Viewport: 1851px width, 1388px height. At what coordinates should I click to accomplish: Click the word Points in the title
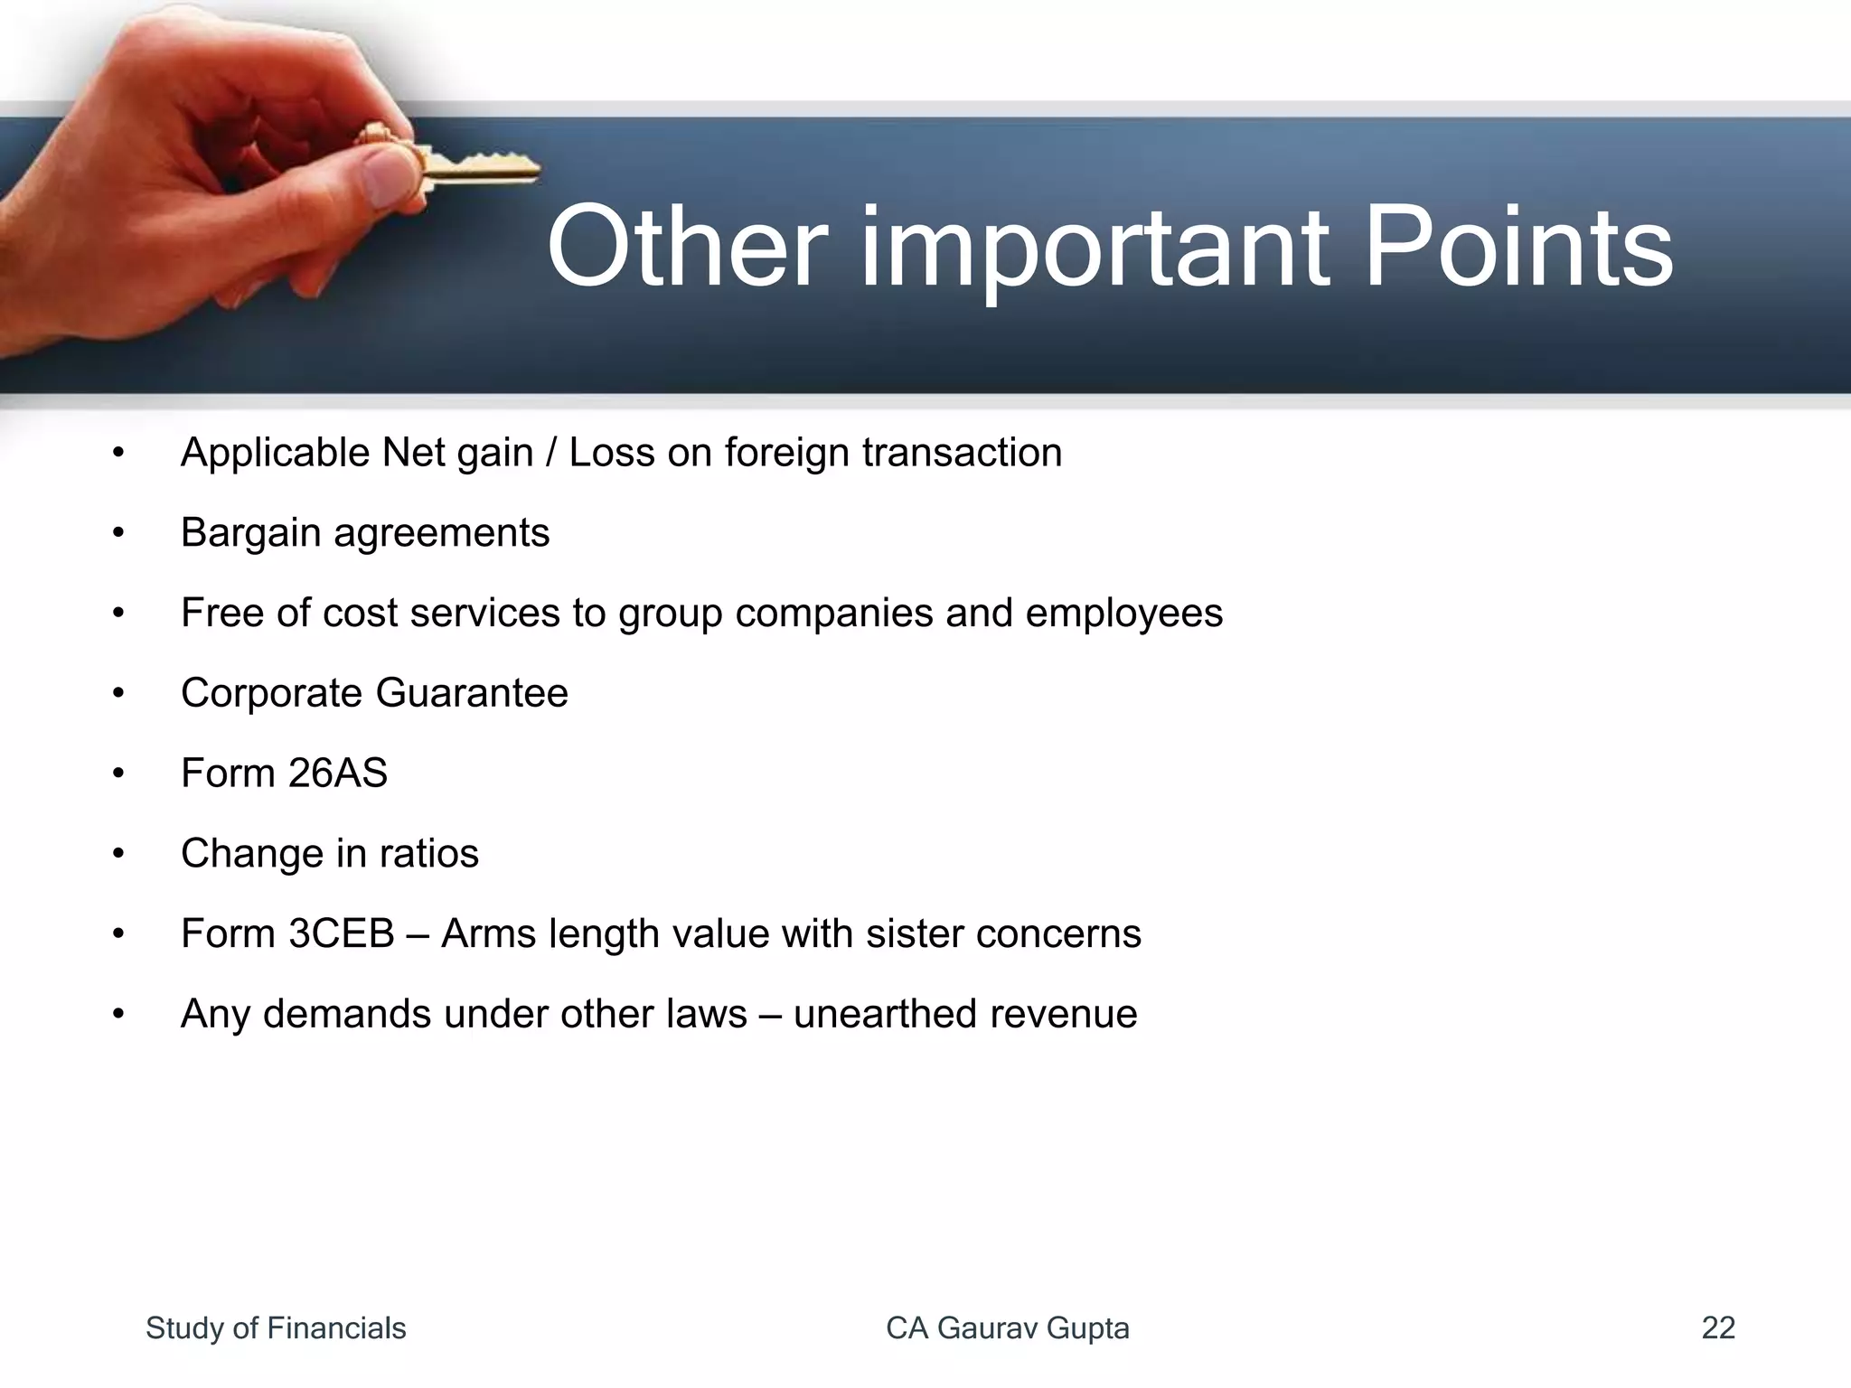[1517, 247]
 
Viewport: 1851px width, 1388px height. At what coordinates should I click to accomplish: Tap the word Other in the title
[687, 247]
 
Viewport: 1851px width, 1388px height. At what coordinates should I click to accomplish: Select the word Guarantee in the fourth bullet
[472, 693]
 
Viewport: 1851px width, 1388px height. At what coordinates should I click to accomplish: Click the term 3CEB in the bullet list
[341, 933]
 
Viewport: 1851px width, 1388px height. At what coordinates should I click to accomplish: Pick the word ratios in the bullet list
[428, 854]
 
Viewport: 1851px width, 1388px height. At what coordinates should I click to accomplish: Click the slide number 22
[1717, 1328]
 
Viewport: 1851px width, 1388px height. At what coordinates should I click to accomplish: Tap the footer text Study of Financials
[276, 1328]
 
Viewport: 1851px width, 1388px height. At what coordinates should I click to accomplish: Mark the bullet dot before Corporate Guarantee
[118, 694]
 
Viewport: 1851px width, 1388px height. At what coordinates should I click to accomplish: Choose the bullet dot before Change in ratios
[118, 854]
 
